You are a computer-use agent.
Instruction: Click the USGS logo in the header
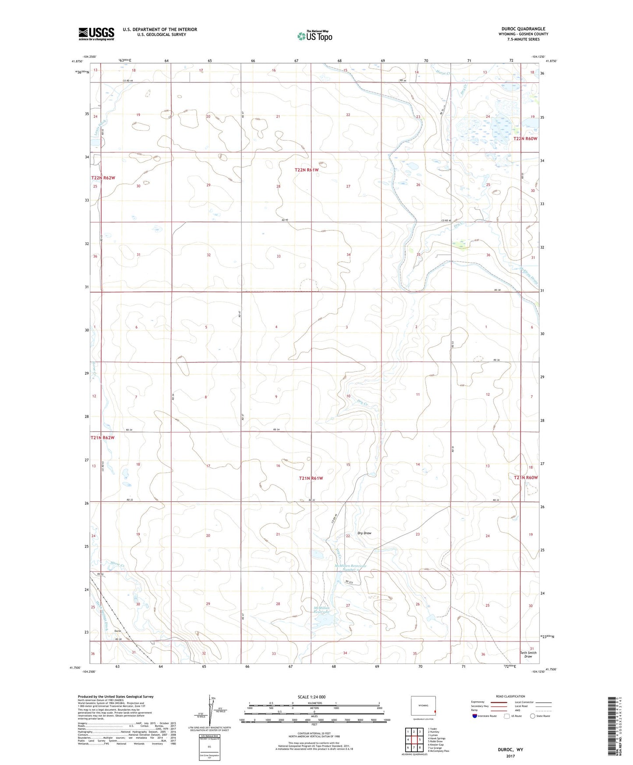coord(96,34)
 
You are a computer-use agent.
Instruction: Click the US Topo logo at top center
coord(315,36)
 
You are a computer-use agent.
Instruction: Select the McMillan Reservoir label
coord(325,610)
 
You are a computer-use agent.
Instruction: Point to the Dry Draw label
coord(364,533)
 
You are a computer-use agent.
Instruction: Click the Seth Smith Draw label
coord(528,654)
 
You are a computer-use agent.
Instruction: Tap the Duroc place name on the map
coord(117,631)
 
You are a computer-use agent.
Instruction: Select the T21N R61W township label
coord(311,478)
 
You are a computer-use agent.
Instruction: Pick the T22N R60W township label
coord(525,138)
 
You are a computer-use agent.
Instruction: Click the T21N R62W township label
coord(103,437)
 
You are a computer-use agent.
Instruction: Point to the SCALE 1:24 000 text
coord(311,697)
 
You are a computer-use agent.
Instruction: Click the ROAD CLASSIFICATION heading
coord(511,696)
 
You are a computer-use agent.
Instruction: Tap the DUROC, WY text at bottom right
coord(510,750)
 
